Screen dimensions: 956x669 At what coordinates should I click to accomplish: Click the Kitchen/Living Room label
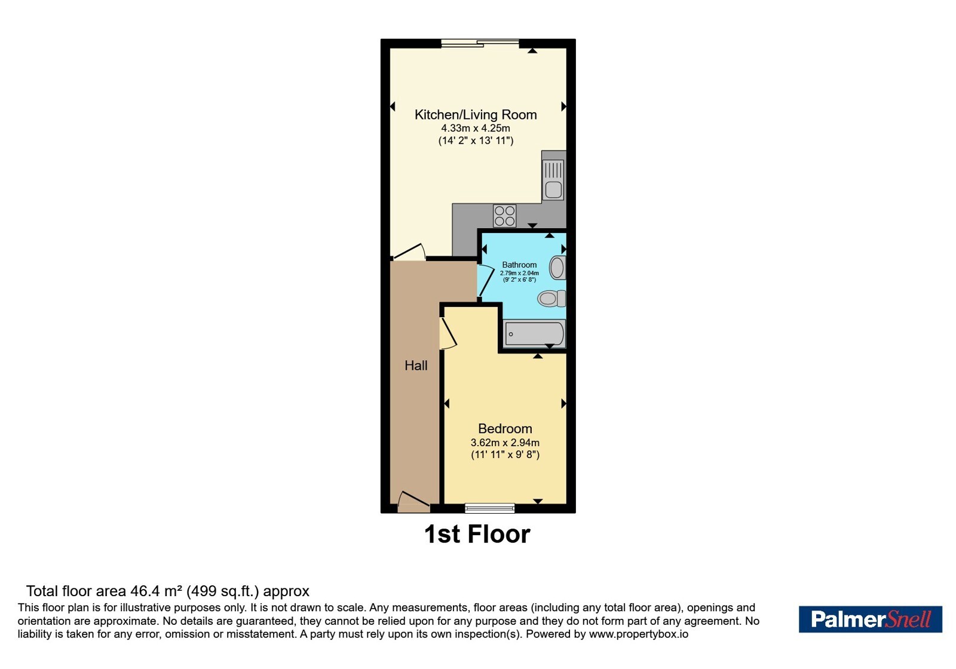point(476,115)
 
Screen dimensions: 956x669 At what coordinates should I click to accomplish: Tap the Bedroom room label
point(505,428)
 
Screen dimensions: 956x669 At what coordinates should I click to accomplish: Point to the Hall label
point(416,365)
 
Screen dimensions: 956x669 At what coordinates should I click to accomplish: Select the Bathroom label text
point(519,265)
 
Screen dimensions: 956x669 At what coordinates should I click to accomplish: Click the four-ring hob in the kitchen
point(504,216)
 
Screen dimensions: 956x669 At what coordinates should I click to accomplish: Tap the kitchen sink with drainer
point(553,180)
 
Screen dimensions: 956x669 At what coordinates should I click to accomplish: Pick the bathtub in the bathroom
point(534,334)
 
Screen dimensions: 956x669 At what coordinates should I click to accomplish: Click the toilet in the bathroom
point(551,298)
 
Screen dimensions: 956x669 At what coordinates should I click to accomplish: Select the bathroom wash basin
point(557,268)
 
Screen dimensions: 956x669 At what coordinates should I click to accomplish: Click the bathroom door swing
point(486,280)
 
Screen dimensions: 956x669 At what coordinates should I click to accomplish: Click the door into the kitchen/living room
point(409,251)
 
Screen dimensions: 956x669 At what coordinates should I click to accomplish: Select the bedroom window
point(489,508)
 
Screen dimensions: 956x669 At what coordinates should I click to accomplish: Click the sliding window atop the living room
point(480,42)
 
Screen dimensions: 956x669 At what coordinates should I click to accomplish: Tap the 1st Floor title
point(477,534)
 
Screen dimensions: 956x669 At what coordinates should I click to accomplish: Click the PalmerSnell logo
point(870,619)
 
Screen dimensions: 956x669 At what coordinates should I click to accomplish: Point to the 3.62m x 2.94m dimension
point(505,443)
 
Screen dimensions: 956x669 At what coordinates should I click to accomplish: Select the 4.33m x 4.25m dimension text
point(476,128)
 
